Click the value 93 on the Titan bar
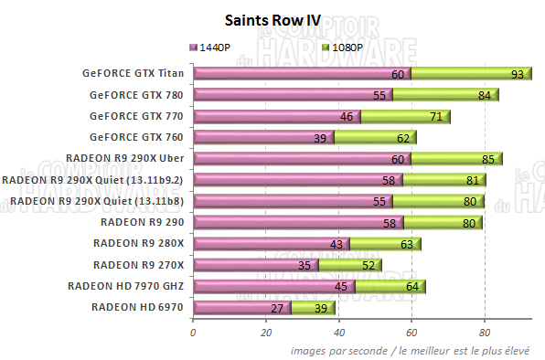point(518,74)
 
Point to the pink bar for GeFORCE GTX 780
point(292,94)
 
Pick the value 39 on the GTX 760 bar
point(319,138)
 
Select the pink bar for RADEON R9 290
point(297,222)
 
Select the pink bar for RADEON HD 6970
point(241,308)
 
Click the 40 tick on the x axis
point(338,333)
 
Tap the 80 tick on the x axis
point(486,333)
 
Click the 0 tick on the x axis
point(192,333)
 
